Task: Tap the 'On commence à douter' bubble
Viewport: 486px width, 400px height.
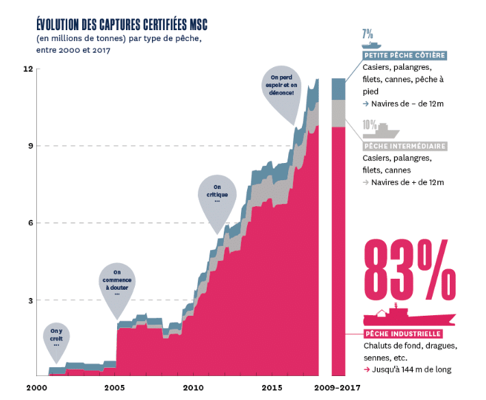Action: (116, 283)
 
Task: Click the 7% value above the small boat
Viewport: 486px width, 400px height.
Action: (367, 32)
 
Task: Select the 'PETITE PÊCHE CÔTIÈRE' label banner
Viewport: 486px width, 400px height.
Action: (404, 55)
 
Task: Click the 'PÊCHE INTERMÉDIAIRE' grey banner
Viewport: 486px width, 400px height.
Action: (405, 146)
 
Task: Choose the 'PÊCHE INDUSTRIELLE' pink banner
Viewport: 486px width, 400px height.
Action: (402, 333)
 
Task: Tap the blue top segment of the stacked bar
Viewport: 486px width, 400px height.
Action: (338, 89)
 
